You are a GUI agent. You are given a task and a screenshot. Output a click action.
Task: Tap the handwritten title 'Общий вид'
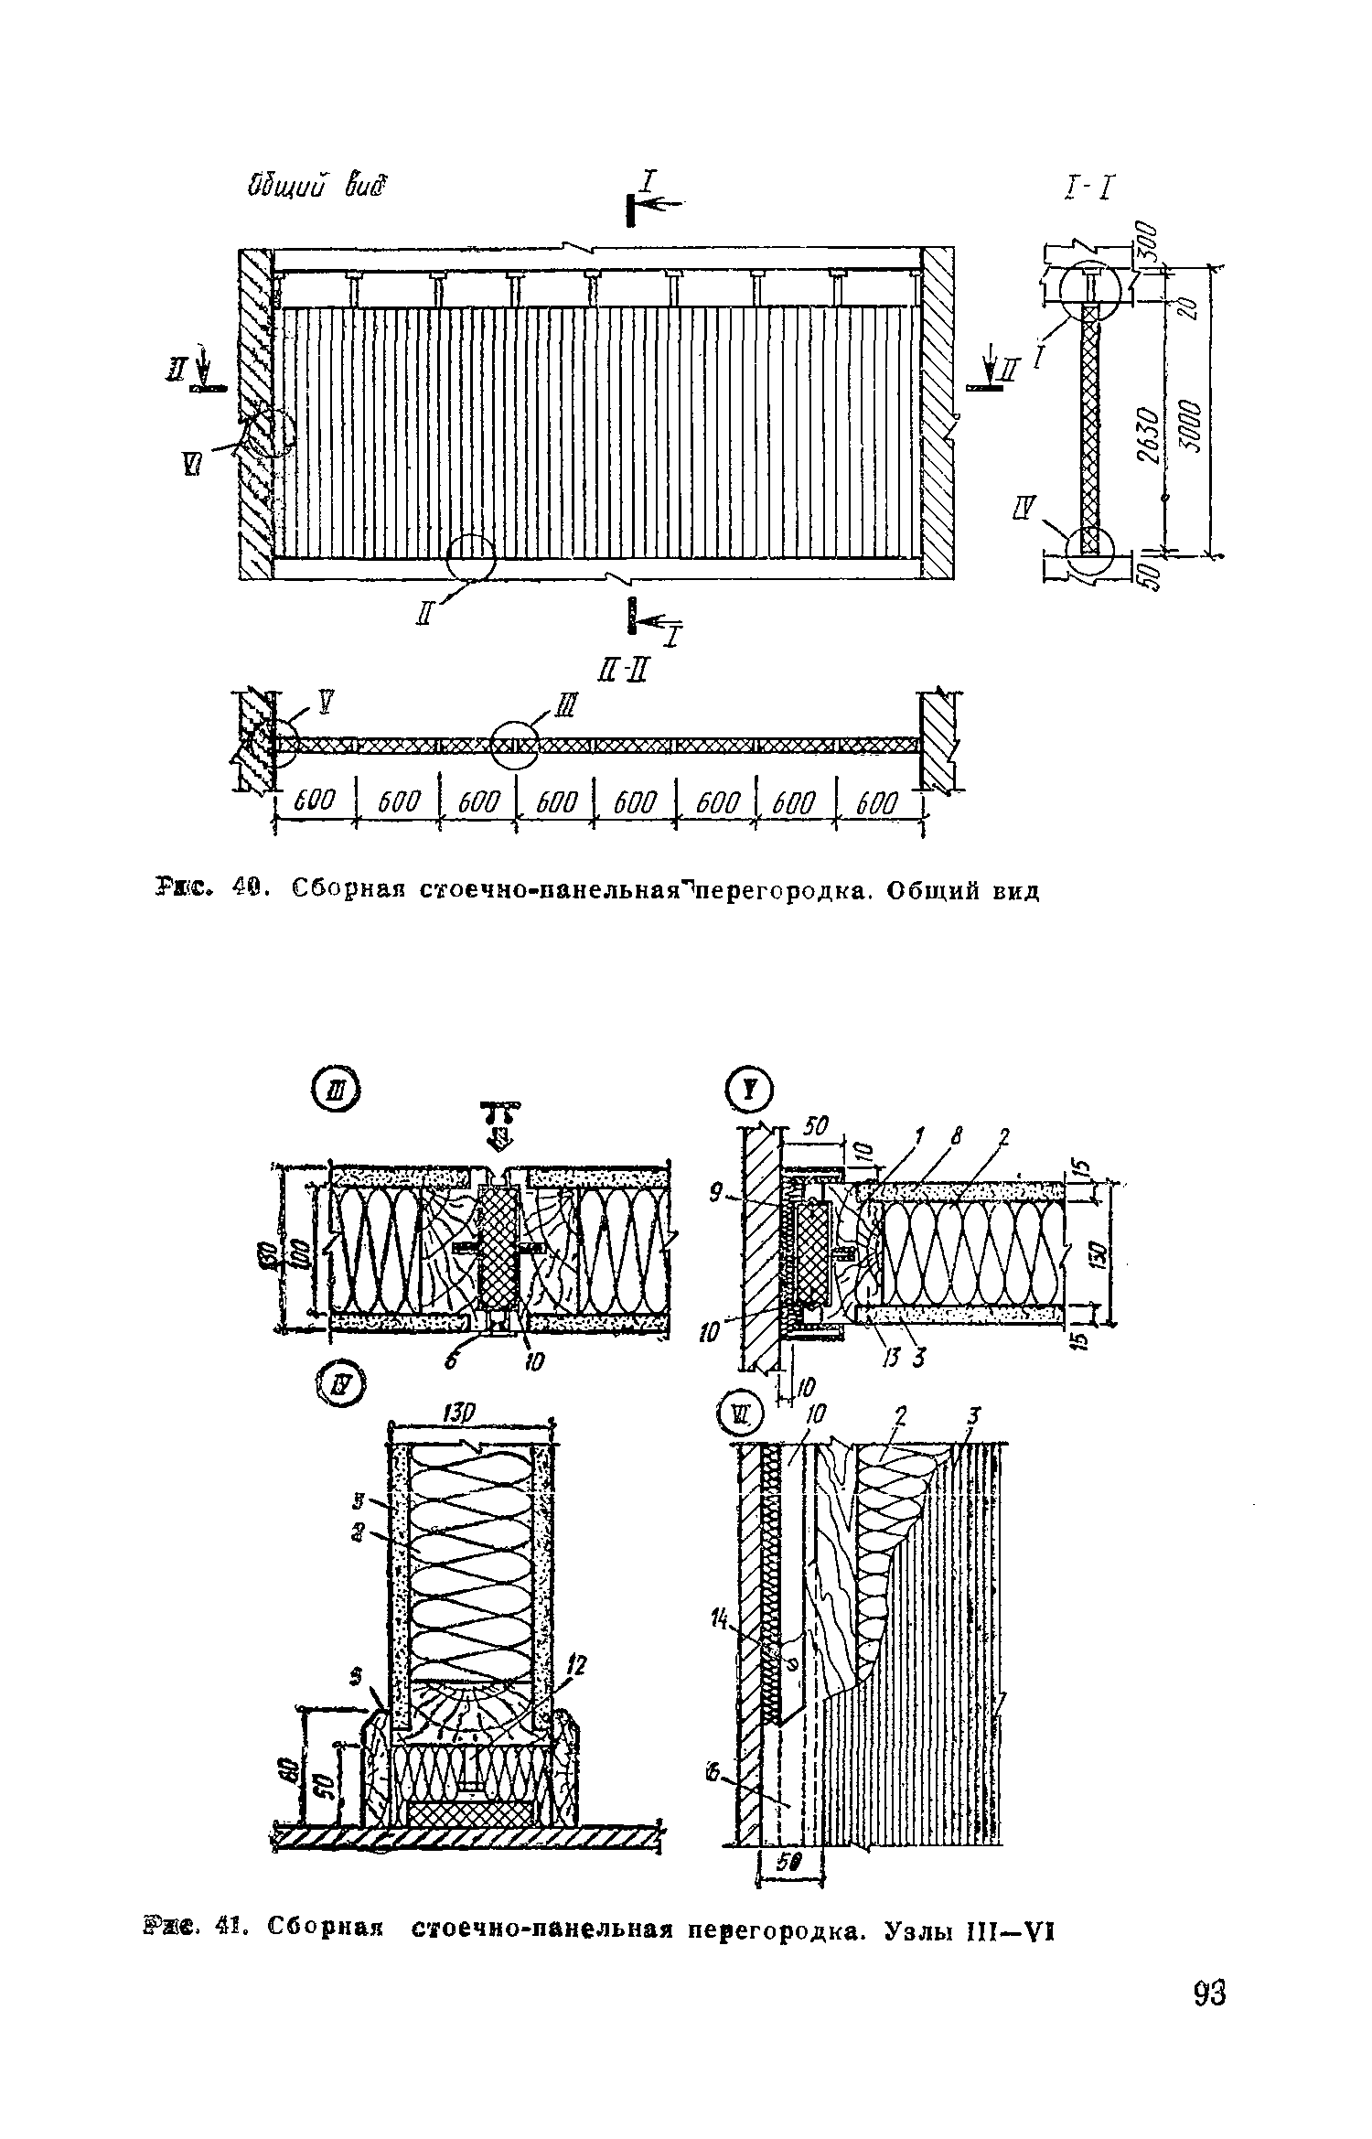point(315,187)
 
